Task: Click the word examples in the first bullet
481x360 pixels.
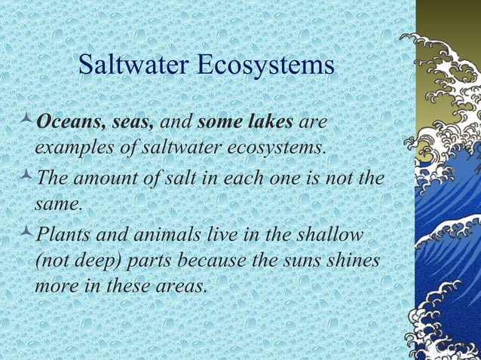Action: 66,145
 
